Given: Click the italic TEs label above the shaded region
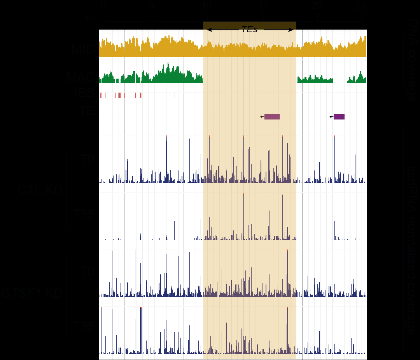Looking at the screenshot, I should click(x=249, y=30).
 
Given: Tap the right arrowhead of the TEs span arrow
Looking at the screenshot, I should click(x=291, y=30).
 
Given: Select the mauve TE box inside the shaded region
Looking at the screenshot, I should click(x=272, y=117).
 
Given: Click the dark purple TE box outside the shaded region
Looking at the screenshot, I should click(x=339, y=117).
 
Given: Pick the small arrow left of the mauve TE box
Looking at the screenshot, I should click(x=262, y=117).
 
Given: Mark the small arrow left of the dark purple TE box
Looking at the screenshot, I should click(x=331, y=117).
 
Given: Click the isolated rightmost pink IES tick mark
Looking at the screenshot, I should click(x=174, y=95).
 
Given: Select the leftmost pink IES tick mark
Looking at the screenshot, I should click(x=100, y=95).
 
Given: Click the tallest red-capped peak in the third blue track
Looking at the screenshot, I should click(x=287, y=272).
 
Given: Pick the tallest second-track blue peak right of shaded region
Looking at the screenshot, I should click(x=334, y=230).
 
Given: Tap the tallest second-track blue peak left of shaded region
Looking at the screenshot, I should click(x=174, y=230).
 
